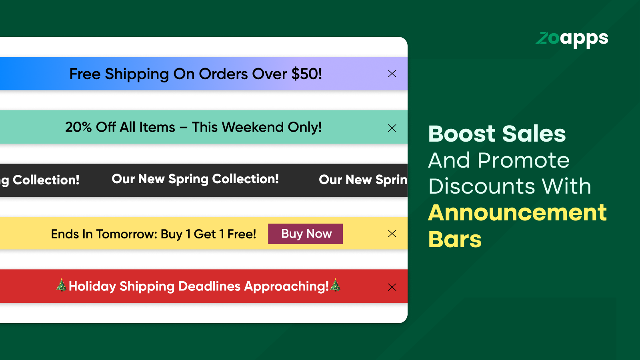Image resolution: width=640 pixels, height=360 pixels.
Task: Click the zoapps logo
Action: click(x=572, y=40)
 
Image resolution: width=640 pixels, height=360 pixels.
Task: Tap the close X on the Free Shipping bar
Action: click(x=392, y=74)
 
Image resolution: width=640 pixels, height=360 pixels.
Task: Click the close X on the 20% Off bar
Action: click(x=392, y=128)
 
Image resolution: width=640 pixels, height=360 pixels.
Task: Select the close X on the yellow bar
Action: click(x=392, y=234)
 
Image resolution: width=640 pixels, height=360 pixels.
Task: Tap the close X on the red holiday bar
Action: click(x=392, y=287)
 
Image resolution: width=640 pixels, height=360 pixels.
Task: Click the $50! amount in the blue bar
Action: click(x=306, y=74)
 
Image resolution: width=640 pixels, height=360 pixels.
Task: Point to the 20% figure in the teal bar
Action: click(x=78, y=127)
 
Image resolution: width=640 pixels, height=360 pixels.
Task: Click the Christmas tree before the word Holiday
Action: click(x=62, y=285)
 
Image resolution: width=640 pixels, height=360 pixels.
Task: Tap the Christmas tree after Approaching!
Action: click(x=335, y=285)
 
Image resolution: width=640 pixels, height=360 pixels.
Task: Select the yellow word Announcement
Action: click(x=518, y=213)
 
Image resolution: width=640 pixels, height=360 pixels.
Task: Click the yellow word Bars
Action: click(x=455, y=239)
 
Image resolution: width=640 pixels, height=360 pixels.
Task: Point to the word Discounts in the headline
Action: click(x=482, y=186)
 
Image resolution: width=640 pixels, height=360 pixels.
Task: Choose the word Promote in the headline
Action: click(x=524, y=160)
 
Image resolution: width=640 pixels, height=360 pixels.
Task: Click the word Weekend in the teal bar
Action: click(x=252, y=127)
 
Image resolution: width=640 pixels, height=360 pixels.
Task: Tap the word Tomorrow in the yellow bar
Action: click(x=126, y=234)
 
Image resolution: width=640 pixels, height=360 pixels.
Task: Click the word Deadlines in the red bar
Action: click(x=209, y=286)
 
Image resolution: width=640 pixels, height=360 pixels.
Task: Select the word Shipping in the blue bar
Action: click(x=137, y=74)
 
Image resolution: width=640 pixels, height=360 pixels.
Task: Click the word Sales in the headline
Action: click(x=534, y=134)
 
